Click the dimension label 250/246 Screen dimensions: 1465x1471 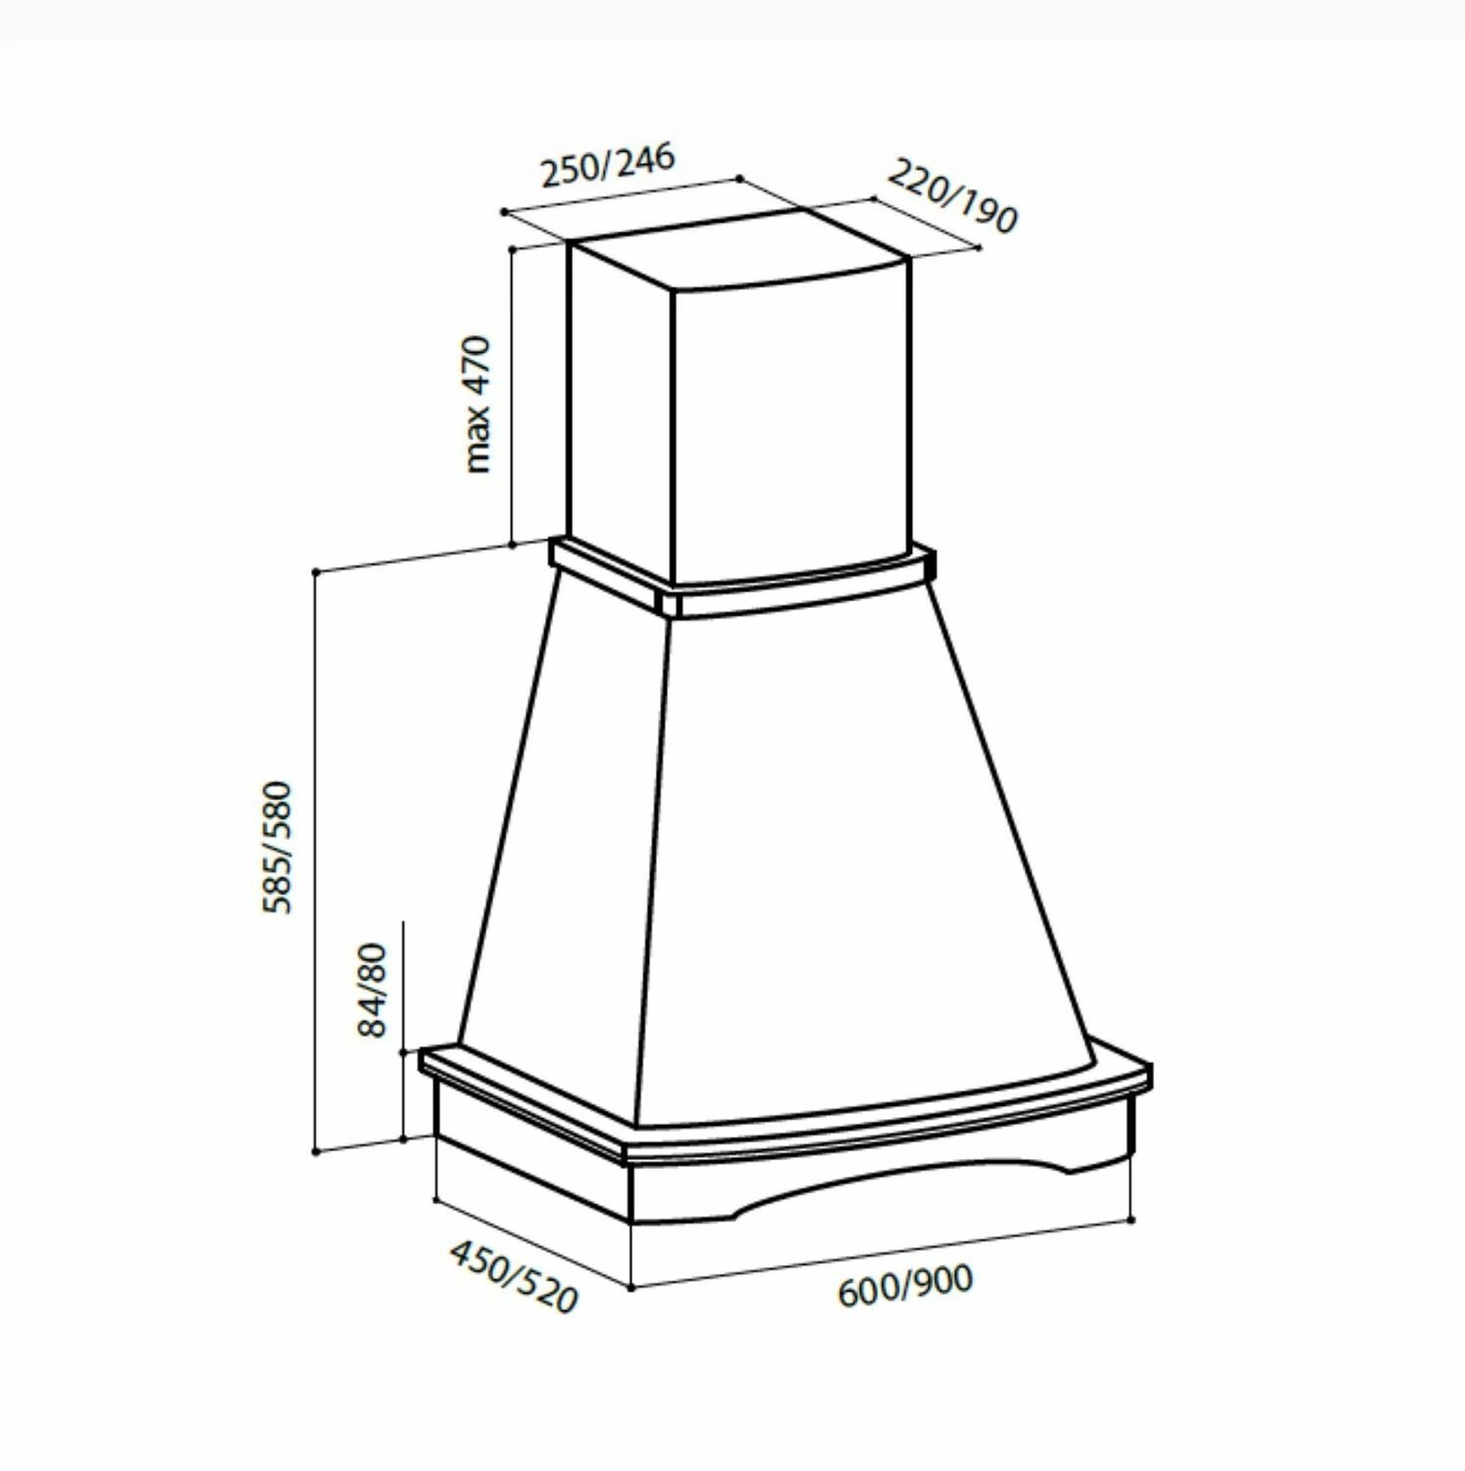click(x=609, y=165)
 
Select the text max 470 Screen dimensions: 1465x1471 click(x=478, y=404)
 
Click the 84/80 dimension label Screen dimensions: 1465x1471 click(x=374, y=990)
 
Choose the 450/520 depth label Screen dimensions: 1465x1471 click(x=513, y=1276)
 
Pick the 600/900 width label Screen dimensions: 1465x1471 click(x=905, y=1285)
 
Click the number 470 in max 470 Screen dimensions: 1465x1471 click(x=478, y=365)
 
